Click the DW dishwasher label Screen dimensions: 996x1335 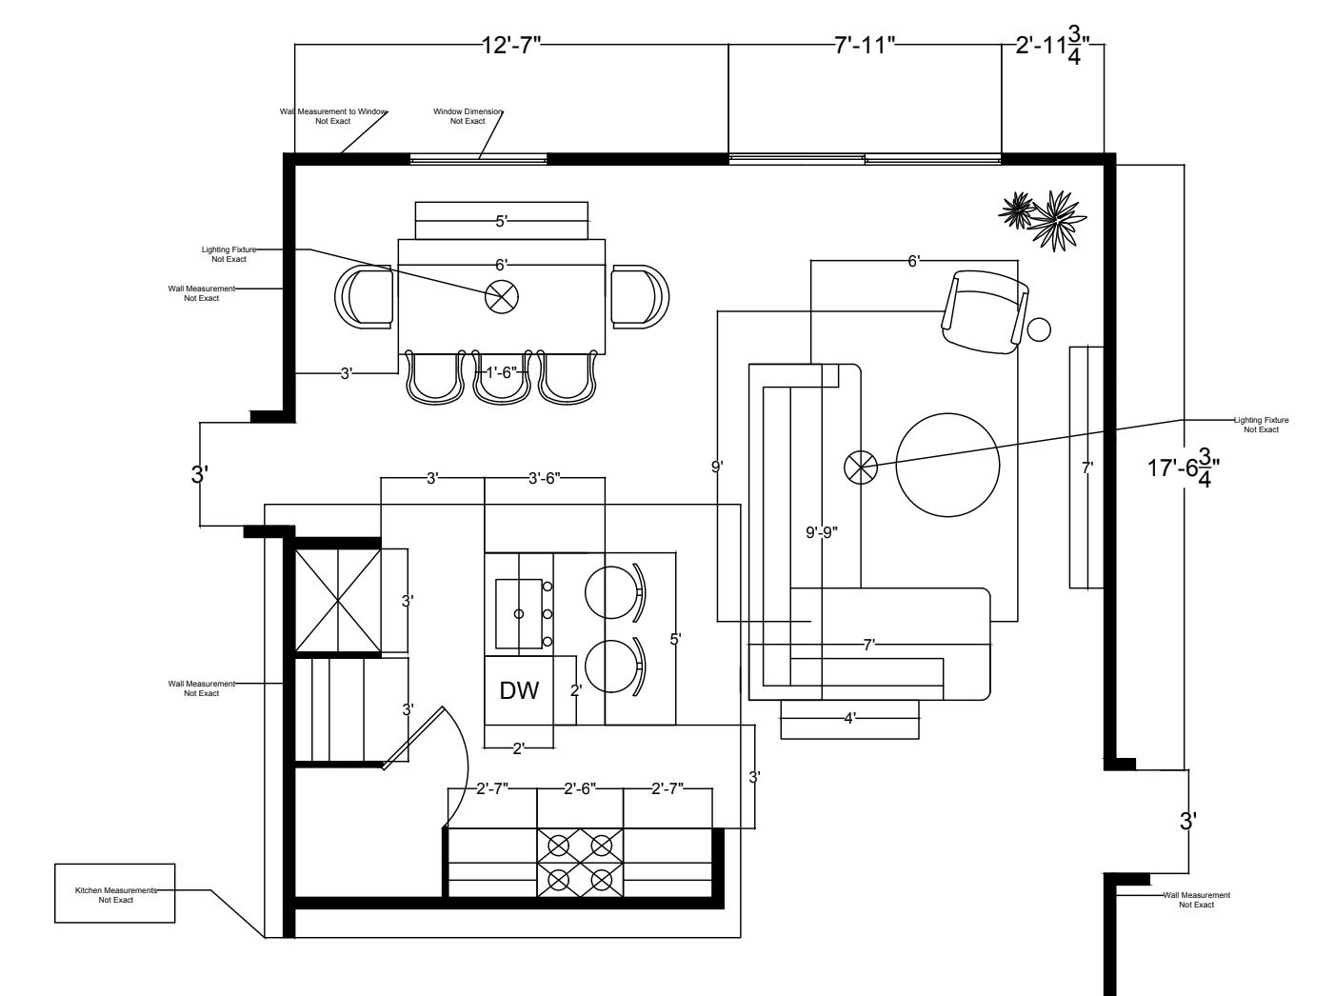[x=519, y=691]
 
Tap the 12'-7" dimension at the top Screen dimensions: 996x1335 [x=511, y=45]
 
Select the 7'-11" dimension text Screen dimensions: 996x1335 [x=865, y=45]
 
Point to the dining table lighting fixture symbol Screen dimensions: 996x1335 [x=502, y=296]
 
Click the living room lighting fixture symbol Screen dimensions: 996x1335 [x=859, y=467]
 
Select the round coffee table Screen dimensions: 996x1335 [x=947, y=465]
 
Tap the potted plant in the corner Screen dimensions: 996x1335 [x=1042, y=218]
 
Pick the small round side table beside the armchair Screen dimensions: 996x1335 [x=1040, y=329]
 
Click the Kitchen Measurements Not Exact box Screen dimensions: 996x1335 [x=115, y=893]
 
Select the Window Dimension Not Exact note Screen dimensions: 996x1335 [x=468, y=116]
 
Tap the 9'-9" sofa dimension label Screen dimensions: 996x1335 [x=821, y=533]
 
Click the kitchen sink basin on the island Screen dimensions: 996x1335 [x=518, y=613]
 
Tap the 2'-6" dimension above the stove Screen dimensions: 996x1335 [x=580, y=788]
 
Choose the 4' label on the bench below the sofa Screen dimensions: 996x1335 [x=849, y=718]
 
